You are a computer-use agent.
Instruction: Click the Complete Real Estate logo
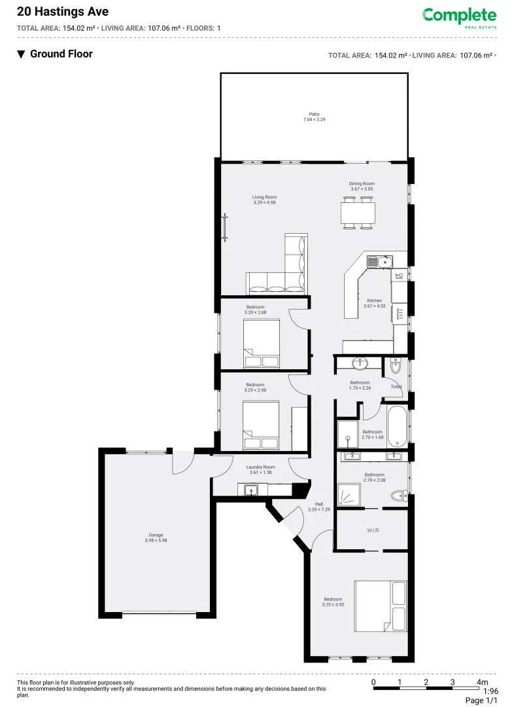coord(459,16)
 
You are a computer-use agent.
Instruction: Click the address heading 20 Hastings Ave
coord(54,12)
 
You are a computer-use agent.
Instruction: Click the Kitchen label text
coord(374,300)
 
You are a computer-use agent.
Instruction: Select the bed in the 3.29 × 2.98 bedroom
coord(260,425)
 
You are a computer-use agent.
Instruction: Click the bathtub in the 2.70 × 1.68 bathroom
coord(396,426)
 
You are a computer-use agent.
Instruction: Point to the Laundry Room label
coord(260,467)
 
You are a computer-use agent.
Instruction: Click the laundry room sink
coord(251,489)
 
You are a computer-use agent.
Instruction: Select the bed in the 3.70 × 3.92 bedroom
coord(380,606)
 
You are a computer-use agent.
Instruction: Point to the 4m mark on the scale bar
coord(483,682)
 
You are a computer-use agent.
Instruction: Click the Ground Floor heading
coord(61,54)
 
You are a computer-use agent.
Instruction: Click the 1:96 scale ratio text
coord(490,691)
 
